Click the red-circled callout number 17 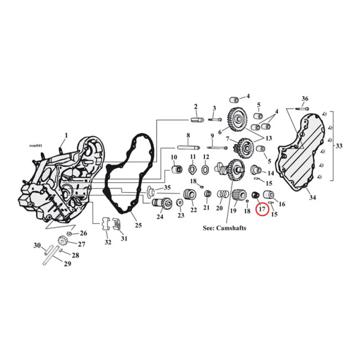click(261, 210)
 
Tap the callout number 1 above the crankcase click(66, 135)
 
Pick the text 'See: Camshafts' click(225, 228)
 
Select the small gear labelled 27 click(63, 242)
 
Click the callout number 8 click(188, 135)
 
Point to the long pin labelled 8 click(187, 147)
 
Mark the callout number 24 click(160, 216)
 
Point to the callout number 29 click(67, 264)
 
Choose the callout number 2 click(196, 107)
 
